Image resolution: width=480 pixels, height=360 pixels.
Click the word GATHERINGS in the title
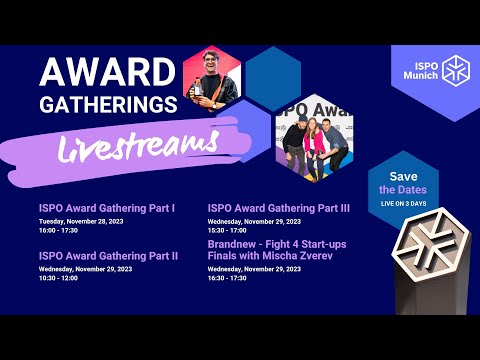tap(107, 104)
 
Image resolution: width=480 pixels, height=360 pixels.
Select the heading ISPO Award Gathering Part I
tap(107, 208)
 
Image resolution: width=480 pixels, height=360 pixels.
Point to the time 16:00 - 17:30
tap(58, 230)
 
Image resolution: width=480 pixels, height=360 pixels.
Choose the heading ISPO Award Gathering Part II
tap(109, 255)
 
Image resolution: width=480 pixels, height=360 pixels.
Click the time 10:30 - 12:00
tap(58, 277)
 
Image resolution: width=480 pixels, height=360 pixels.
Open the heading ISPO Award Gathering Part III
tap(279, 208)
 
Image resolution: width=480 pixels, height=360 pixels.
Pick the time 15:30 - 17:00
tap(228, 230)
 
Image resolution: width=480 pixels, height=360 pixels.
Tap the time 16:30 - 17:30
tap(228, 277)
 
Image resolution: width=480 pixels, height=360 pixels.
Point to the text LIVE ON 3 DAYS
tap(403, 203)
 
